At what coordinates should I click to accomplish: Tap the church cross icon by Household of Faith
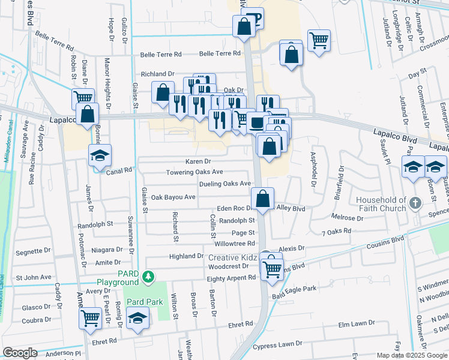point(414,203)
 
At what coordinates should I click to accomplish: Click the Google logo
point(20,353)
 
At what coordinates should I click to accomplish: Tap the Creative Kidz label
point(233,257)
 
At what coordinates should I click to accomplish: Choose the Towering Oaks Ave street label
point(194,172)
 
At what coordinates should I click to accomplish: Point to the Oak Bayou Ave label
point(173,197)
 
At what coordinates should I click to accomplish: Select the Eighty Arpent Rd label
point(231,278)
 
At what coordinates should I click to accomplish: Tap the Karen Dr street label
point(198,161)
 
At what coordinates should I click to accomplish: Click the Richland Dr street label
point(157,74)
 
